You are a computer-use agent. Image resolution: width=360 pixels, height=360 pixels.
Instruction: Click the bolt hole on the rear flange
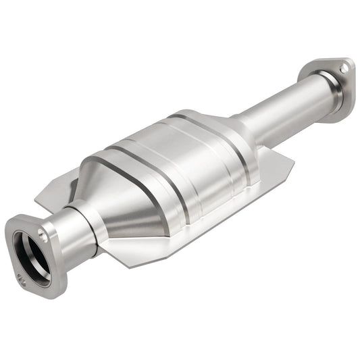coord(344,68)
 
